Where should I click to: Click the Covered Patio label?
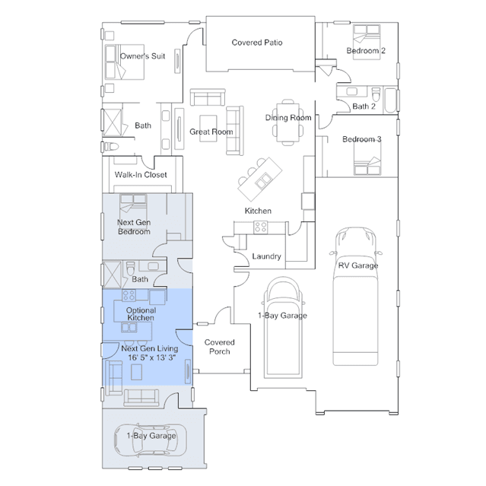[x=257, y=43]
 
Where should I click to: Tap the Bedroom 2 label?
[x=366, y=51]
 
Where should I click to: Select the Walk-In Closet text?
[x=141, y=175]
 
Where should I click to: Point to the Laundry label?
[x=266, y=256]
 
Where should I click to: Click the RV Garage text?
[x=358, y=265]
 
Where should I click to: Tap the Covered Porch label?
[x=220, y=347]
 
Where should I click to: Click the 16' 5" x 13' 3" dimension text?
[x=152, y=357]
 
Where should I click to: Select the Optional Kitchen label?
[x=141, y=314]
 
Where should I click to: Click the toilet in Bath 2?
[x=376, y=94]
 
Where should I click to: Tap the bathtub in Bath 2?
[x=390, y=100]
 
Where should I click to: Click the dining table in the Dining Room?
[x=288, y=122]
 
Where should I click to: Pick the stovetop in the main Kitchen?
[x=260, y=227]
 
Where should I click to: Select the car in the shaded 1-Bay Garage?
[x=151, y=440]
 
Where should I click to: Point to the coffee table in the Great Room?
[x=208, y=129]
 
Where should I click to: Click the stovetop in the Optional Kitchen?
[x=129, y=295]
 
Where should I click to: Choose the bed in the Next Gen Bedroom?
[x=133, y=206]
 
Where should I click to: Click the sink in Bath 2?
[x=352, y=92]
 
